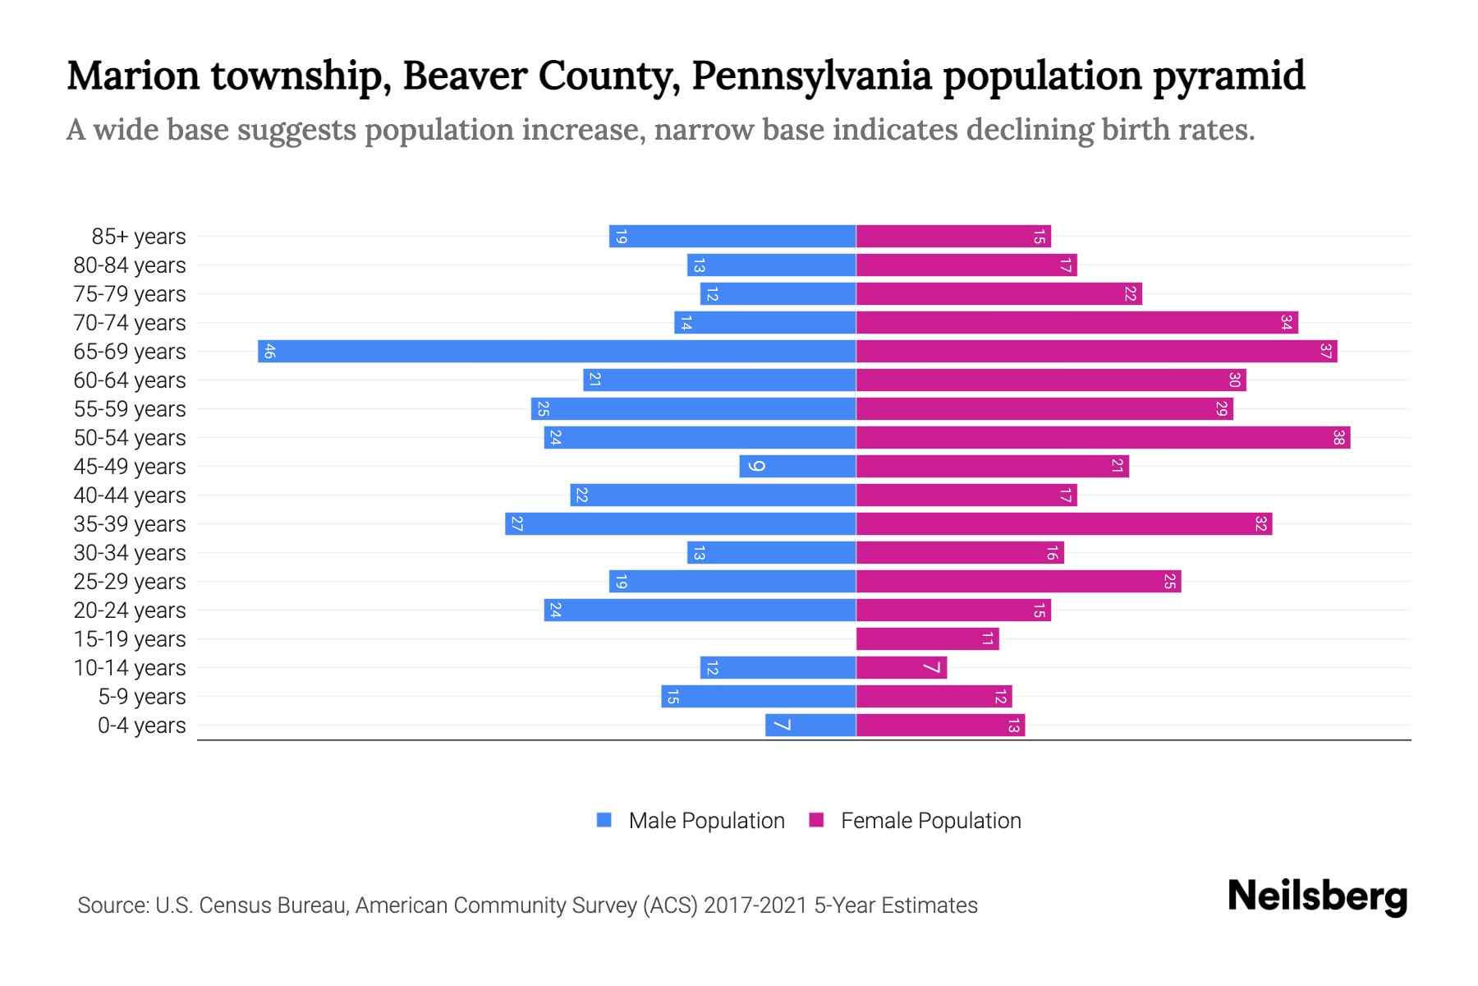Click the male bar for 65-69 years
[557, 352]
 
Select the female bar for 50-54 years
[1103, 438]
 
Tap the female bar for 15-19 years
[927, 639]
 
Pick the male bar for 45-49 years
[797, 467]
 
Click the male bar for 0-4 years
[810, 726]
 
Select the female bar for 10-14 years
[901, 668]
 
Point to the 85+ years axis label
[139, 237]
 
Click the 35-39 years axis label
[130, 524]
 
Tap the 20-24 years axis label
[130, 610]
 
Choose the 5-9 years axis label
[142, 697]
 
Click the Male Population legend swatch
[604, 820]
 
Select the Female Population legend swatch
[816, 820]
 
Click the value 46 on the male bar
[269, 352]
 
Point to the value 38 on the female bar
[1338, 438]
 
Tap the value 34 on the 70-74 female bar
[1286, 323]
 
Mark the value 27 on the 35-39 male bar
[516, 524]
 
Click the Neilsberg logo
[1317, 896]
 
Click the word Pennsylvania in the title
[811, 76]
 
